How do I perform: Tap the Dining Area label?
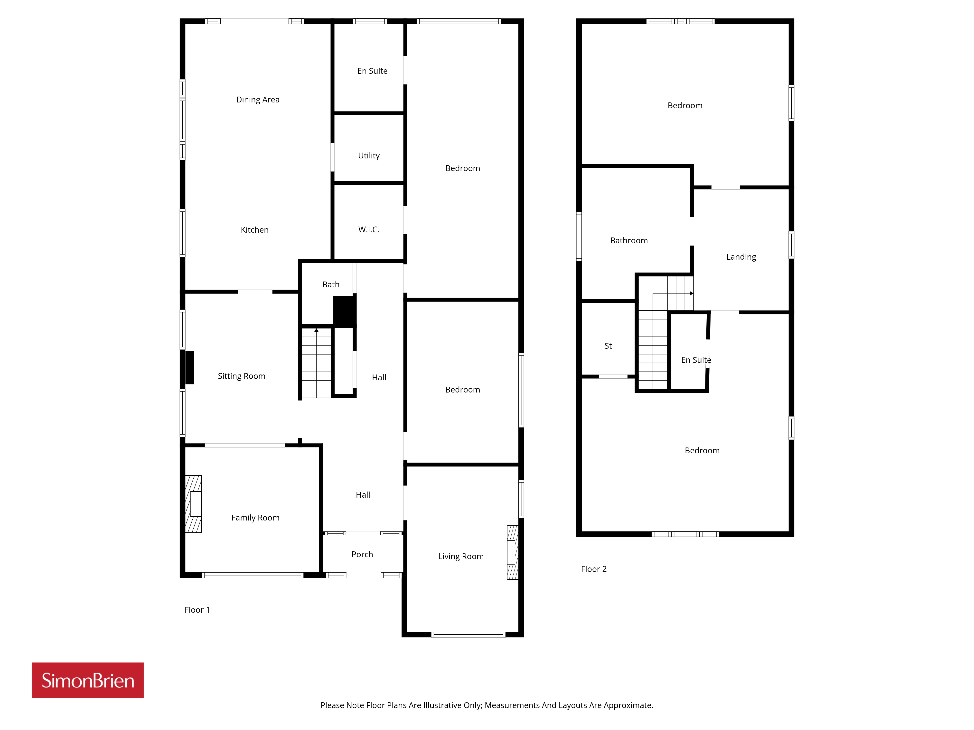coord(258,100)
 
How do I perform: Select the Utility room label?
coord(369,156)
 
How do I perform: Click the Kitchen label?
coord(254,230)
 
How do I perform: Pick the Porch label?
coord(362,554)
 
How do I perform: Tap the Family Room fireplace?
coord(193,504)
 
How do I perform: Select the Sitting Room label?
coord(241,376)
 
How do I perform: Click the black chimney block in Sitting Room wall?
coord(189,367)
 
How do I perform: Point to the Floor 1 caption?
coord(197,610)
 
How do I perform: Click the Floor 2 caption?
coord(594,569)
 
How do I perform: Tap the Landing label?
coord(741,257)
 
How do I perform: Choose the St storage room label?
coord(608,346)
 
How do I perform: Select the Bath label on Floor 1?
coord(331,285)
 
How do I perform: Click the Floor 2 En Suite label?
coord(696,360)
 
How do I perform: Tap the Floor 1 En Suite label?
coord(372,71)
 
